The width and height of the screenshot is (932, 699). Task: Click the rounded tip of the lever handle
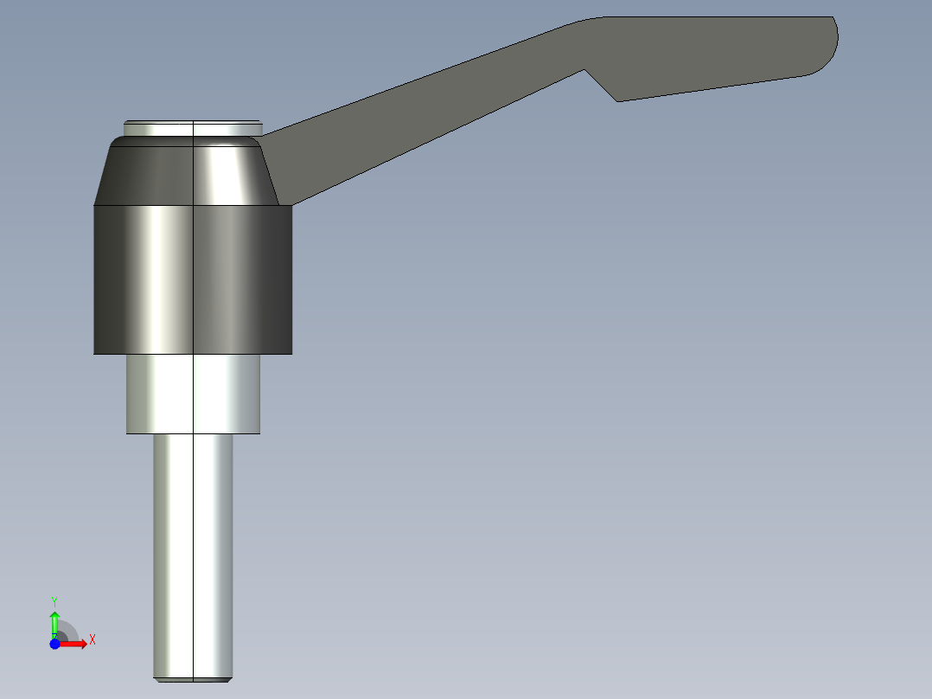[x=832, y=43]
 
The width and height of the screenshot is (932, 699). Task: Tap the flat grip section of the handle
[x=718, y=52]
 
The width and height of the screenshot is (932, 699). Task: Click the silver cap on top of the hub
[x=192, y=127]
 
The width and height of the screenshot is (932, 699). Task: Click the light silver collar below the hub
[x=193, y=394]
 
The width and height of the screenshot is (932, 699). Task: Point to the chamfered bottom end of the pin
[x=193, y=678]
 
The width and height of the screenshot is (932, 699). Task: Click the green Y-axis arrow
[x=54, y=621]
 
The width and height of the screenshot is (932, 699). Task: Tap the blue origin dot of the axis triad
[x=54, y=644]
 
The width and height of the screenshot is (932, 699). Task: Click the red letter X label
[x=92, y=640]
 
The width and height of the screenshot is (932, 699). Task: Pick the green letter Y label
[x=54, y=600]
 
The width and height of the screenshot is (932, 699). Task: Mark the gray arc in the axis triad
[x=69, y=630]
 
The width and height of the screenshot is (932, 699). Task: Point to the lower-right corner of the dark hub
[x=290, y=353]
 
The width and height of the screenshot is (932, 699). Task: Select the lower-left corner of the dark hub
[x=95, y=353]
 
